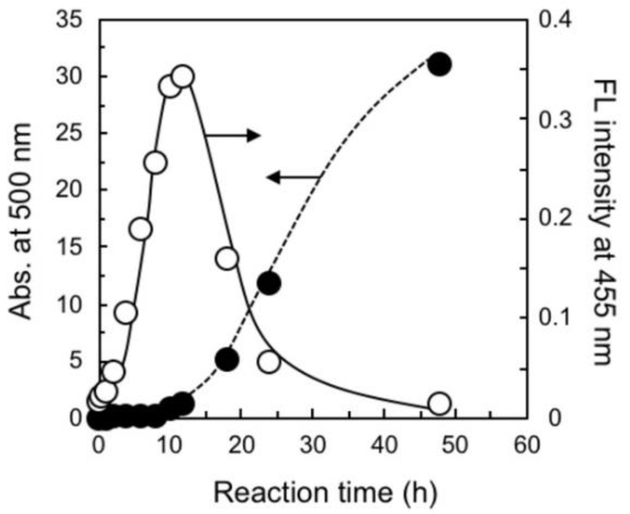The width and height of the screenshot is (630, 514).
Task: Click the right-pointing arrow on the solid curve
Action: (x=232, y=135)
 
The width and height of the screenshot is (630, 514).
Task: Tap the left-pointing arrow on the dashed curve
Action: (x=293, y=177)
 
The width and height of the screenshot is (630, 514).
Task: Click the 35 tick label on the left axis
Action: (x=69, y=20)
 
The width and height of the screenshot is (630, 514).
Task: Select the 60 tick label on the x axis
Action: (x=527, y=445)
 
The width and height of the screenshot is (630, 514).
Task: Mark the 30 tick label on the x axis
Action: (x=313, y=445)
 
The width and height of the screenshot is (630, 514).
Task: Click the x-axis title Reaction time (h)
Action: (x=325, y=493)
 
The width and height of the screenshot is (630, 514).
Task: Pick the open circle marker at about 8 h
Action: (x=155, y=163)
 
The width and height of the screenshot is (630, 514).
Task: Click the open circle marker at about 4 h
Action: (x=126, y=312)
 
